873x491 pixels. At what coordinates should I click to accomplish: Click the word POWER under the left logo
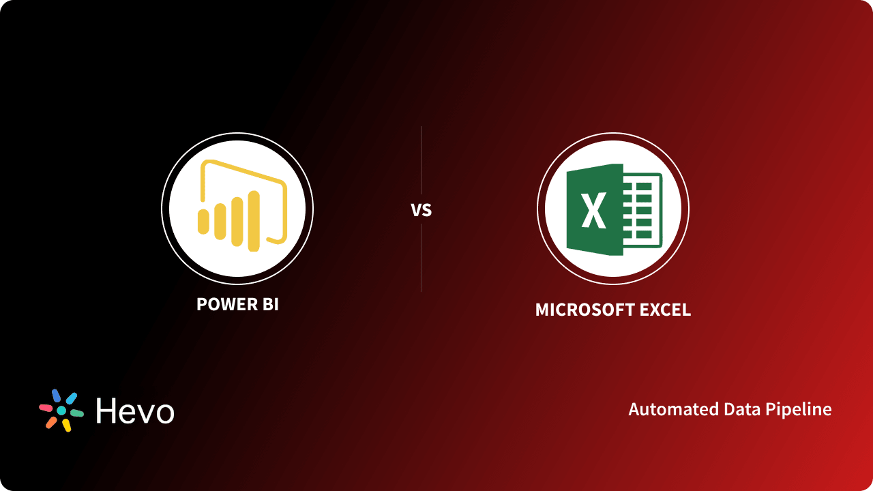(221, 304)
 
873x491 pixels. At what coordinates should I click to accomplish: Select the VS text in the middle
(421, 210)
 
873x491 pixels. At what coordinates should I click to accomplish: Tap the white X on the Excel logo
(594, 211)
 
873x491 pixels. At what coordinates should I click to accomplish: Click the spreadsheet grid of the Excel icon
(642, 208)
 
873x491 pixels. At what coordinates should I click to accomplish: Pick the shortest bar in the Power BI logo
(203, 222)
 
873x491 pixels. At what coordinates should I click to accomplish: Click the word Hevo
(135, 411)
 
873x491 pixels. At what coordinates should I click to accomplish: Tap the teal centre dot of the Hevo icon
(61, 411)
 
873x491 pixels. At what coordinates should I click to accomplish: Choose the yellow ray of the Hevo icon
(67, 426)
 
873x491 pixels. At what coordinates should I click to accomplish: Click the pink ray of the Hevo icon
(46, 408)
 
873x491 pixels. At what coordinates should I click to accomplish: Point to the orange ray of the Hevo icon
(51, 422)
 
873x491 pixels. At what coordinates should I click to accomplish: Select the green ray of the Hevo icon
(76, 413)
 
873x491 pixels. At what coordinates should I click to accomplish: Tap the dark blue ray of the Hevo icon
(56, 396)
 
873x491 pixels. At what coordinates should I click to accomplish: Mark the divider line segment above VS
(421, 160)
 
